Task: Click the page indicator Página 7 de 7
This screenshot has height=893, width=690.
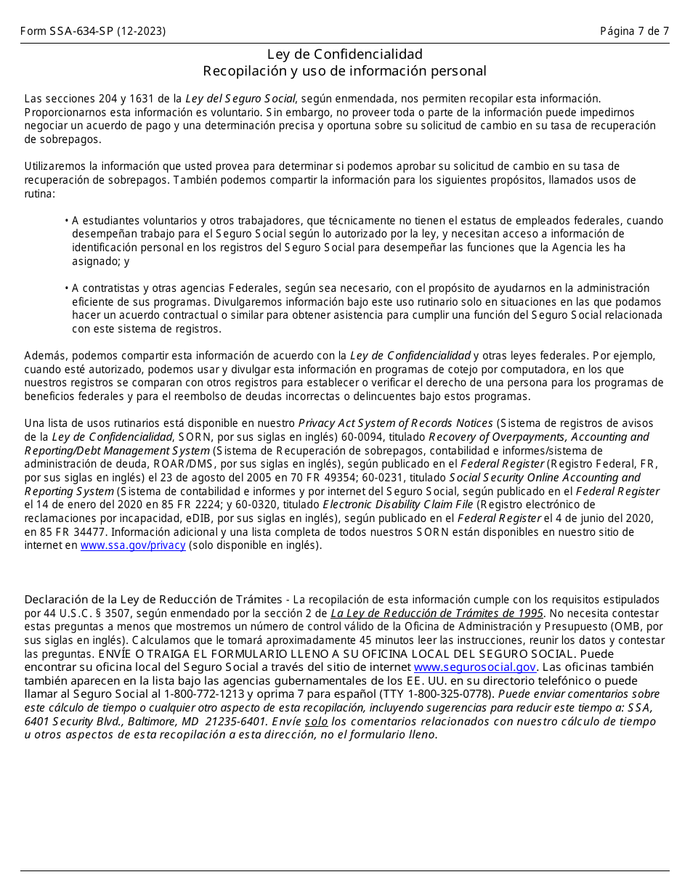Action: click(634, 31)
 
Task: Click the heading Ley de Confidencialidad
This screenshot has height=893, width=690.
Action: click(344, 54)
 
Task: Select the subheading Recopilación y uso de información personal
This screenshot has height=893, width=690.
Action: click(344, 71)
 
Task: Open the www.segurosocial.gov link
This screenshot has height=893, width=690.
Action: click(475, 666)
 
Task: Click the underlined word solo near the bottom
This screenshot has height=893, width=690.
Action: click(316, 721)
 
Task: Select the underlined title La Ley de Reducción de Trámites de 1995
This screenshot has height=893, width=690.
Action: click(437, 613)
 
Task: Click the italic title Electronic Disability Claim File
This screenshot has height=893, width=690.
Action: click(398, 505)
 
